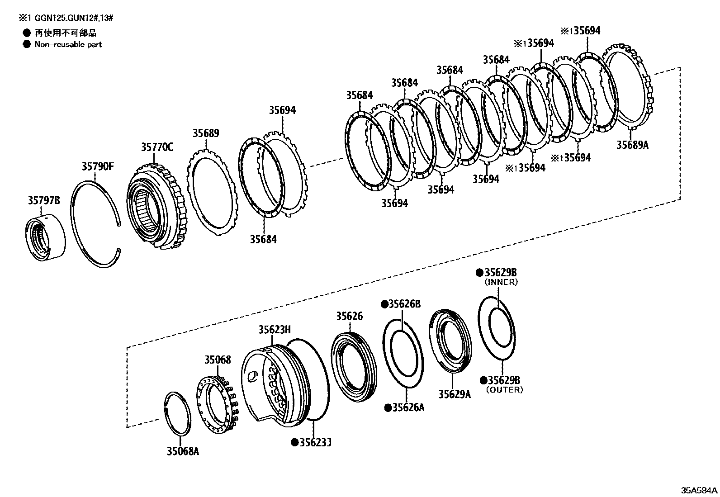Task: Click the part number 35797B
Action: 44,200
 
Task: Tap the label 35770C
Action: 157,147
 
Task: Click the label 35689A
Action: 632,145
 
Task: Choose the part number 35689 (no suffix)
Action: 206,133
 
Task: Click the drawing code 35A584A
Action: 700,491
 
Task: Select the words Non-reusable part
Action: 68,44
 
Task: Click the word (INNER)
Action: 501,282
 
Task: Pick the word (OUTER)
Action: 504,389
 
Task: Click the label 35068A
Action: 183,451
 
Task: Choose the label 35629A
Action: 454,394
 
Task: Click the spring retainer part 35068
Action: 216,402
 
